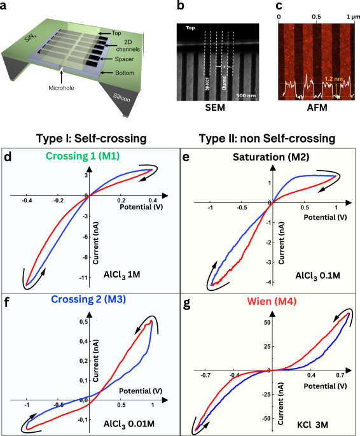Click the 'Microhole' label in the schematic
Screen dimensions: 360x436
click(62, 88)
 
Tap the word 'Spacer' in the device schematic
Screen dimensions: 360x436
click(124, 59)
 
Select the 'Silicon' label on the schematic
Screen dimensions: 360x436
click(121, 97)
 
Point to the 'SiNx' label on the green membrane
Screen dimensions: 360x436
click(29, 38)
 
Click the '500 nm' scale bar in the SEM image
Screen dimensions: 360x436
click(246, 95)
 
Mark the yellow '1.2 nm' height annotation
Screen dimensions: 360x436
click(334, 79)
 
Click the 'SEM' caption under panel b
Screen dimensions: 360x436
click(215, 108)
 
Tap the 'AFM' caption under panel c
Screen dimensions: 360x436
click(317, 108)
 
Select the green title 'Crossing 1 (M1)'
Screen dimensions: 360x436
click(83, 156)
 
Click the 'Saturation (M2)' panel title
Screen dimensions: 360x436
click(271, 157)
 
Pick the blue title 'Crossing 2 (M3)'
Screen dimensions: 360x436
click(88, 299)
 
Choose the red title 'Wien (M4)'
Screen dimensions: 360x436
click(272, 301)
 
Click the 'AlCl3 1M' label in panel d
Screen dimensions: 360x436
click(122, 275)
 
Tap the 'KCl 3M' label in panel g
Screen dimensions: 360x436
click(312, 425)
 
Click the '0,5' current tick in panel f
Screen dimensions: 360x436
click(84, 321)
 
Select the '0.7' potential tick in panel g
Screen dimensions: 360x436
click(340, 376)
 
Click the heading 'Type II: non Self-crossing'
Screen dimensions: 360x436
click(267, 138)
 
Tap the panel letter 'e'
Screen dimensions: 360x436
click(185, 157)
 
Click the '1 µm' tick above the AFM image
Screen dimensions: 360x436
click(353, 17)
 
